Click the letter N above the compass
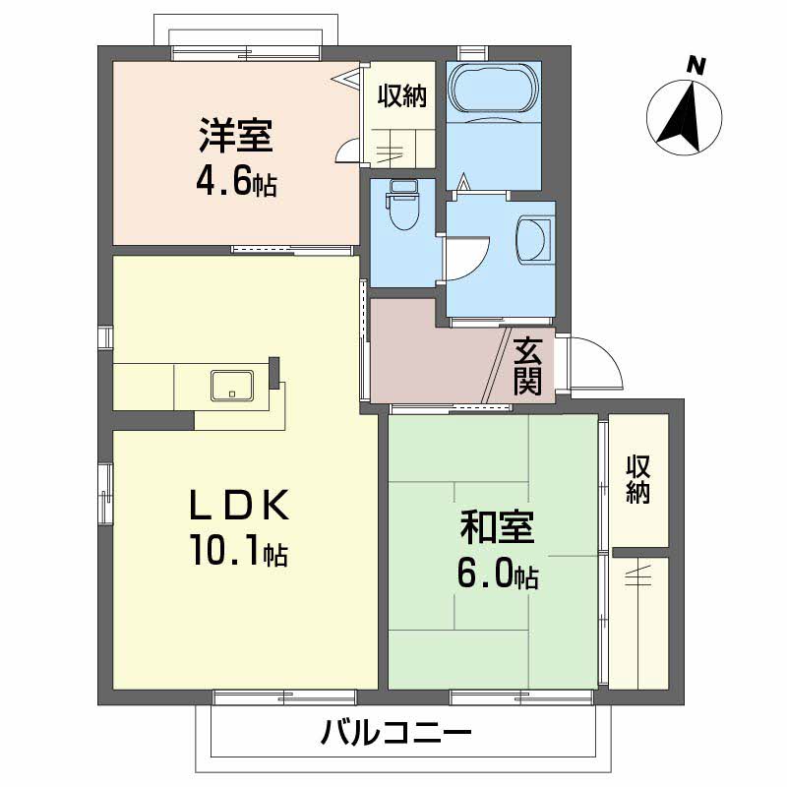[696, 67]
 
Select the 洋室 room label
[235, 136]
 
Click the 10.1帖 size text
[239, 554]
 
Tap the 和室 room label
[497, 529]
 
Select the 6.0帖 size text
[497, 575]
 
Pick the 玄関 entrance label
[527, 365]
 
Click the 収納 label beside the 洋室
[401, 96]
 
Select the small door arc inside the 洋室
[347, 150]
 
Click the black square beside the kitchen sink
[274, 368]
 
